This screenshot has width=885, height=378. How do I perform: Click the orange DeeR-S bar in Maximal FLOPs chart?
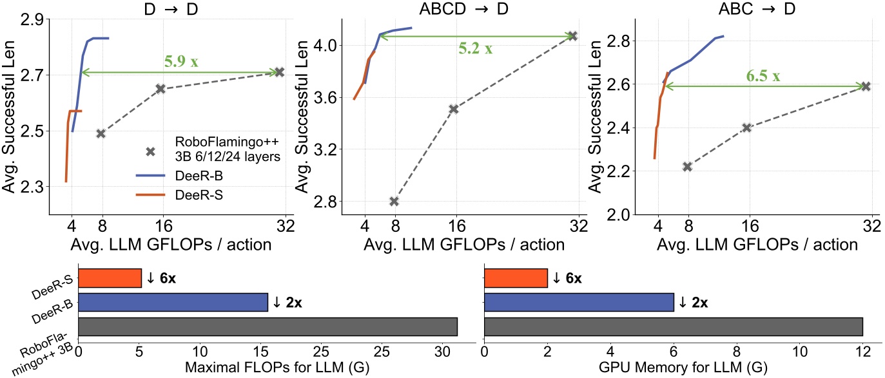(x=109, y=278)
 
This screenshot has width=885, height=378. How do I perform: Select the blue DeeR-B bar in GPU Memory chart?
(x=578, y=303)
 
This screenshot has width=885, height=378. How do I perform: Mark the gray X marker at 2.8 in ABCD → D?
(x=394, y=202)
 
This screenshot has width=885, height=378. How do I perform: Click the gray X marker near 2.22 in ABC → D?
(x=687, y=167)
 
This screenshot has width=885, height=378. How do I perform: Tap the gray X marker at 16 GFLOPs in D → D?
(x=160, y=88)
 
